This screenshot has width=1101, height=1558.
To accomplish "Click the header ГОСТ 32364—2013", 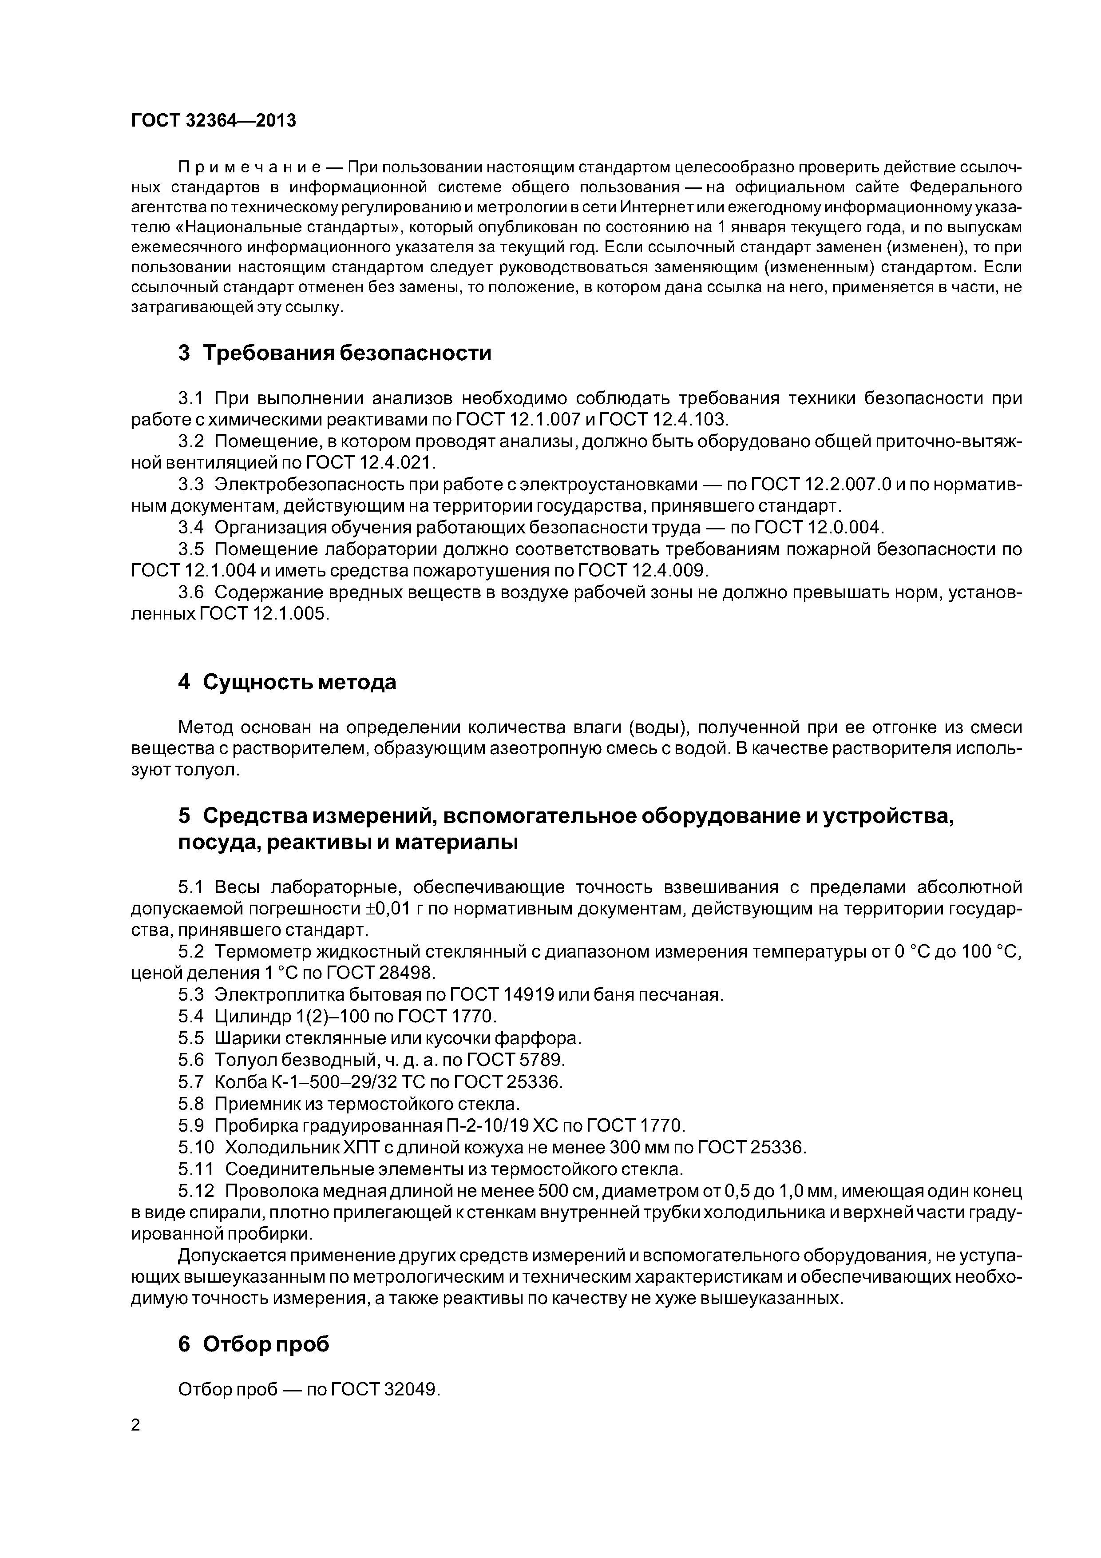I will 214,121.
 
